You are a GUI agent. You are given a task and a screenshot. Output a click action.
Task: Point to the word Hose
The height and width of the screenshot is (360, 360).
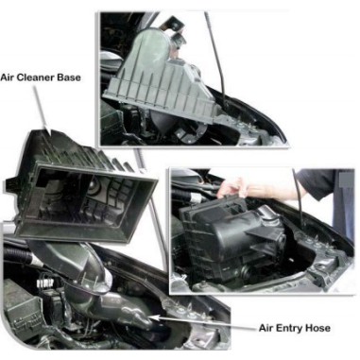tap(326, 328)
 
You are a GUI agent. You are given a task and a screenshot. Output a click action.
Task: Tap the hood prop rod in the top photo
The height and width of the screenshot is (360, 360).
tap(219, 57)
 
